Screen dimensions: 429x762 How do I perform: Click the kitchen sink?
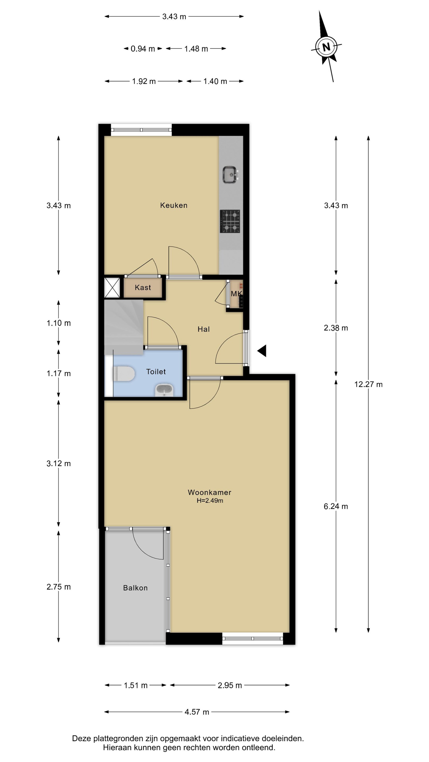(x=230, y=175)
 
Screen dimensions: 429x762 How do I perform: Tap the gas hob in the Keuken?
(x=230, y=221)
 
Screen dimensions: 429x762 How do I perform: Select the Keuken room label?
(x=174, y=205)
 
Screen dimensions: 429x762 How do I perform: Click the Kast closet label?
(x=143, y=287)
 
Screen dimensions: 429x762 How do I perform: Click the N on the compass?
(x=326, y=47)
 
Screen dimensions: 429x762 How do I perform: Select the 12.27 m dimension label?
(x=368, y=384)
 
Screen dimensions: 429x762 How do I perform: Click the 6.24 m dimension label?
(x=336, y=506)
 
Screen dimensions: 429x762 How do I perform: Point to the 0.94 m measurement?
(x=143, y=49)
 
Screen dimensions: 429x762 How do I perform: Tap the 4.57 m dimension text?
(x=197, y=712)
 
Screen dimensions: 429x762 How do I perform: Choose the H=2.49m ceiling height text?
(x=210, y=501)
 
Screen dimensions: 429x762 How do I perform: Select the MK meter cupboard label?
(x=236, y=293)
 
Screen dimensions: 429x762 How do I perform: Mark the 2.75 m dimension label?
(x=59, y=587)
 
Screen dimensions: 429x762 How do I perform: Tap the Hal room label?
(x=204, y=329)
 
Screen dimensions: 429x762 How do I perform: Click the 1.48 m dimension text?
(x=196, y=49)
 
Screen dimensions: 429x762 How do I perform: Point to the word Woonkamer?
(x=210, y=492)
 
